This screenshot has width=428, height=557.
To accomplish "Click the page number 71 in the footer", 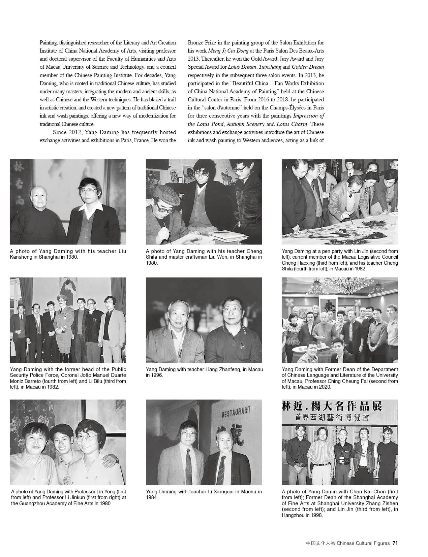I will pyautogui.click(x=395, y=543).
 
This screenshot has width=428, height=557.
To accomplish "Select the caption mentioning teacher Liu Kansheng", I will pyautogui.click(x=68, y=254).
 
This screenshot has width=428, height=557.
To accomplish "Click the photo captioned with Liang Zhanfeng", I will pyautogui.click(x=204, y=320).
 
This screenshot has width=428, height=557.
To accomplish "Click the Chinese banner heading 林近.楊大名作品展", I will pyautogui.click(x=332, y=406).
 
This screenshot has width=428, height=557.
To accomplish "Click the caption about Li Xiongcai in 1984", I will pyautogui.click(x=204, y=494).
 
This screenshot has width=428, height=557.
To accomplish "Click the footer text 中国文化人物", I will pyautogui.click(x=320, y=543).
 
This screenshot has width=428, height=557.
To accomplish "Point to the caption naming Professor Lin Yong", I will pyautogui.click(x=68, y=497).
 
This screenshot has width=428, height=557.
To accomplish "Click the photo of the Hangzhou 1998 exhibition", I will pyautogui.click(x=340, y=442).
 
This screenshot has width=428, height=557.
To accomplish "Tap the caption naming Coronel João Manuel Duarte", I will pyautogui.click(x=68, y=378).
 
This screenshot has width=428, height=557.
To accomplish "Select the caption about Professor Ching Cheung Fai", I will pyautogui.click(x=340, y=378).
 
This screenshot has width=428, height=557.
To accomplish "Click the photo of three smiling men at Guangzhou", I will pyautogui.click(x=68, y=442).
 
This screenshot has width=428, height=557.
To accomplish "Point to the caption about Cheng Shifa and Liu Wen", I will pyautogui.click(x=204, y=257).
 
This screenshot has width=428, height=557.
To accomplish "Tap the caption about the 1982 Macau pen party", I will pyautogui.click(x=340, y=260).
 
